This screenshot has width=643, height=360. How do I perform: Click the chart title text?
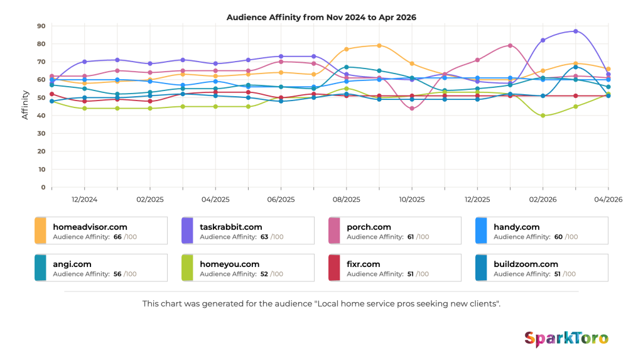[321, 17]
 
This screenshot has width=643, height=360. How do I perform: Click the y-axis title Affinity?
[25, 105]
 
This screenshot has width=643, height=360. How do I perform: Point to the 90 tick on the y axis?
[41, 26]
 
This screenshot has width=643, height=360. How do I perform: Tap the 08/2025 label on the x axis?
[346, 200]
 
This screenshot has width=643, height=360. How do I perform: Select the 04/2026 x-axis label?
[608, 200]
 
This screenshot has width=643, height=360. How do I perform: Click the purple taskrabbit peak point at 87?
[576, 31]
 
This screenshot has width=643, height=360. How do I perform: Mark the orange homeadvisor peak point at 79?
[379, 46]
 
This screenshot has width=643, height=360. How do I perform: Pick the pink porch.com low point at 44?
[412, 108]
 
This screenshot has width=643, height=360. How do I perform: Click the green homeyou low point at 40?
[543, 116]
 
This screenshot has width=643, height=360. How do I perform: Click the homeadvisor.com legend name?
[90, 227]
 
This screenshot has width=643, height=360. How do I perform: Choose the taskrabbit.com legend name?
[231, 227]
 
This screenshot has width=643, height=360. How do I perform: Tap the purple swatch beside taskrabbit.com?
[187, 231]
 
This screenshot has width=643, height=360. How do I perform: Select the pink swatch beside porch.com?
[334, 231]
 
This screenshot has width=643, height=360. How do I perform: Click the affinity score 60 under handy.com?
[558, 237]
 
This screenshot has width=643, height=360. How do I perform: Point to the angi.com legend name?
[72, 265]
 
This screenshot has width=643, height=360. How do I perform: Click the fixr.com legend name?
[364, 265]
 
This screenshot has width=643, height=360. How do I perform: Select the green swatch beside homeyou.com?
[187, 268]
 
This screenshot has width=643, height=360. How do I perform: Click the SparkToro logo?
[566, 339]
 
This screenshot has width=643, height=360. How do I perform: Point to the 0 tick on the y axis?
[43, 187]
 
